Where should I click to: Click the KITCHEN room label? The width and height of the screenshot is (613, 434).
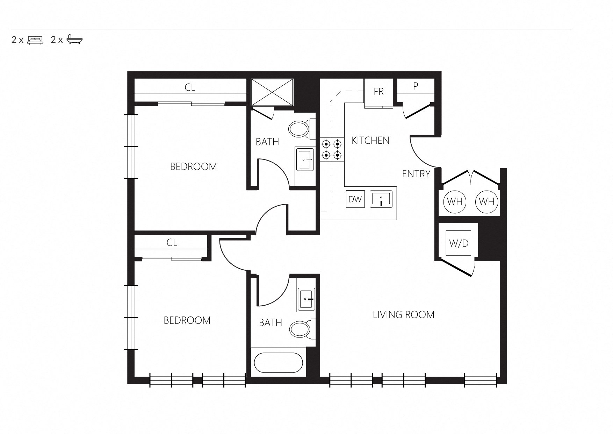[x=370, y=141]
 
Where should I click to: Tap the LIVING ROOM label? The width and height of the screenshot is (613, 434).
[x=404, y=315]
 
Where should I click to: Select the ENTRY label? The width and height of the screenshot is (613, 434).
[x=416, y=174]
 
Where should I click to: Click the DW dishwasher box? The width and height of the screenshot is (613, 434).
[x=355, y=199]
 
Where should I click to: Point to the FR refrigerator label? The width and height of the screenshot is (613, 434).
[x=379, y=92]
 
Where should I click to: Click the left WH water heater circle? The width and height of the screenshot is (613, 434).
[x=455, y=201]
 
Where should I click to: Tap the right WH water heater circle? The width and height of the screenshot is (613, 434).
[x=487, y=201]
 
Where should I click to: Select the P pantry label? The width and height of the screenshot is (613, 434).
[x=416, y=86]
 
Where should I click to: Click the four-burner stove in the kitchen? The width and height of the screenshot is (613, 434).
[x=332, y=150]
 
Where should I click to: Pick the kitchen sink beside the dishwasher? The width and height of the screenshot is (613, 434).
[x=381, y=199]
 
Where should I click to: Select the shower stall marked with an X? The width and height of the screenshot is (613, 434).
[x=273, y=92]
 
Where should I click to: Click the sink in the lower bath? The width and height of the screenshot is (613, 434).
[x=306, y=300]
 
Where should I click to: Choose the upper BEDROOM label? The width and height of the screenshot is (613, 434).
[x=194, y=166]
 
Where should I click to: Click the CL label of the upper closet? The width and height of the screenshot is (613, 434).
[x=190, y=87]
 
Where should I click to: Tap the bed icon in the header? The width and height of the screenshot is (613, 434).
[x=35, y=40]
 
